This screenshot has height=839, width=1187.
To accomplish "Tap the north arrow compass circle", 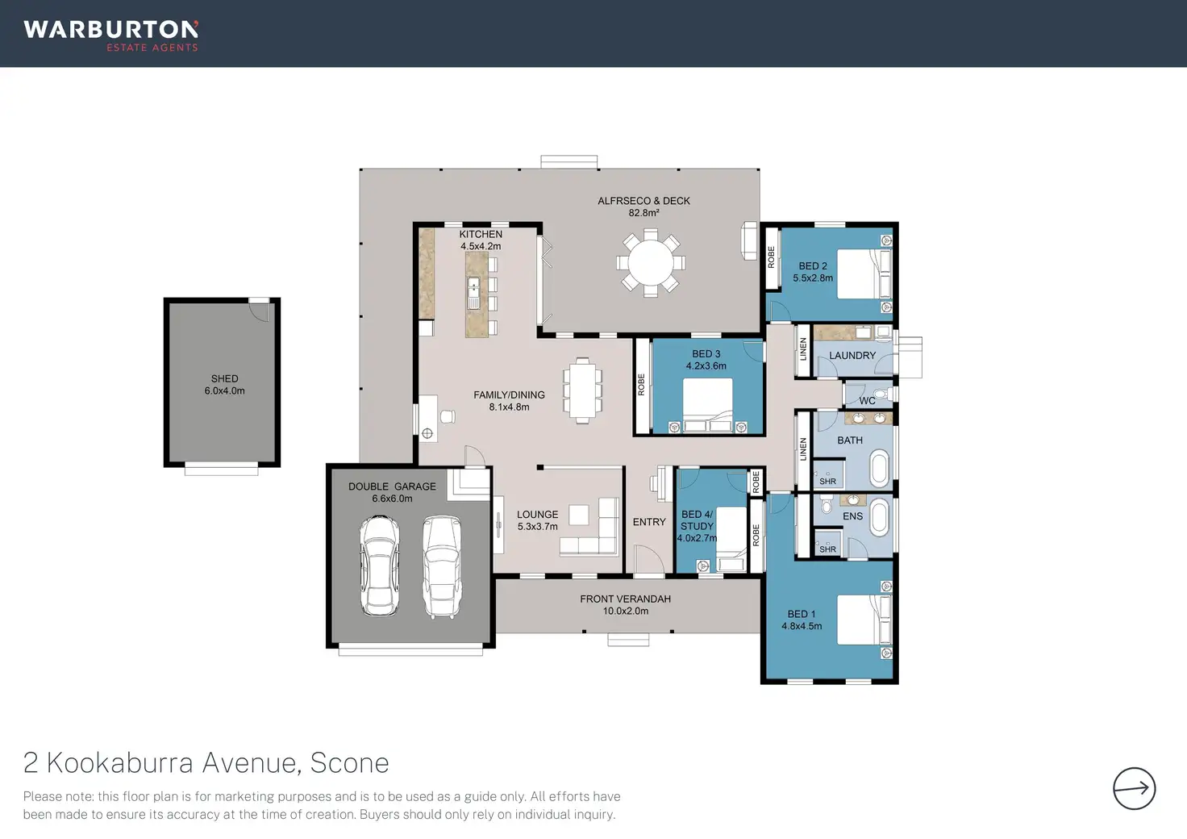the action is (1134, 788).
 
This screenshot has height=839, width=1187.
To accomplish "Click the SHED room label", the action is (225, 378).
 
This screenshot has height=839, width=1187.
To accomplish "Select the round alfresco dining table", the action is (651, 262).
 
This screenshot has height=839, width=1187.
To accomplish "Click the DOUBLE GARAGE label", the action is (392, 486).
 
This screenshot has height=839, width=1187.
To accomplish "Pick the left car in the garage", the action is (380, 566).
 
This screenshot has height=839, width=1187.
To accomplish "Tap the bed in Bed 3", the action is (707, 405).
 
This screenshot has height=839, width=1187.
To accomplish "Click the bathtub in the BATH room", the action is (880, 468).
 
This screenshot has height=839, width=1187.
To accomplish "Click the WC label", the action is (867, 401).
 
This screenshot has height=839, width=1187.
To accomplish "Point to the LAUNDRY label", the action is (852, 355).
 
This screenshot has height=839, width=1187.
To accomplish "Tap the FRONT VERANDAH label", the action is (625, 599).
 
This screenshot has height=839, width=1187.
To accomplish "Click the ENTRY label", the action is (649, 522).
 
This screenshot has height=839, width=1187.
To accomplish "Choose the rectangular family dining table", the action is (582, 390).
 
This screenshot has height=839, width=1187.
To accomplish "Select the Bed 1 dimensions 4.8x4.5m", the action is (802, 626).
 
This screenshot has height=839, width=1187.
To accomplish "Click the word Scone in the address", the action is (349, 762).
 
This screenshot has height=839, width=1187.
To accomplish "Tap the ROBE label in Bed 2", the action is (771, 257).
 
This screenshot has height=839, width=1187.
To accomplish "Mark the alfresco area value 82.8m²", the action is (643, 212).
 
